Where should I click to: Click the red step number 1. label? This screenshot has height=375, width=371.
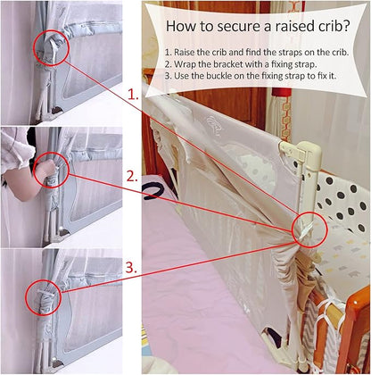tap(133, 95)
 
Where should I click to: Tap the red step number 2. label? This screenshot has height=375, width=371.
tap(132, 177)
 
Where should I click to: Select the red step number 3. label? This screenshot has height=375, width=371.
tap(131, 268)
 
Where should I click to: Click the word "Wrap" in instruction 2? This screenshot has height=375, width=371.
tap(184, 64)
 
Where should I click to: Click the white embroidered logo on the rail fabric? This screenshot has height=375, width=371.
tap(214, 124)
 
